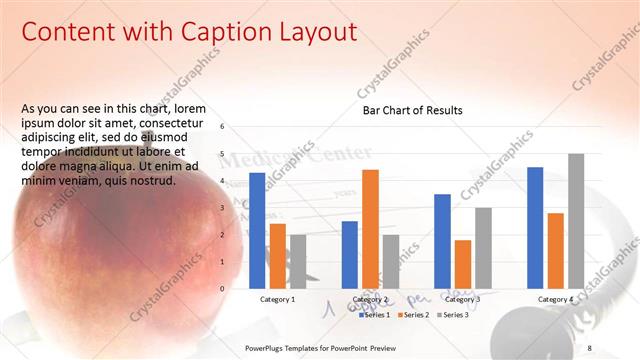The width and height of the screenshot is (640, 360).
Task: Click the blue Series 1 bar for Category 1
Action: pyautogui.click(x=257, y=231)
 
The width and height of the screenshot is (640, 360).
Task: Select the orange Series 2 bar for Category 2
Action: pyautogui.click(x=370, y=229)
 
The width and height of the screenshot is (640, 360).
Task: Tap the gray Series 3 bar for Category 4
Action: pyautogui.click(x=576, y=221)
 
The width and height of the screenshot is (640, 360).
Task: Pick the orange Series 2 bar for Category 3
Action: pyautogui.click(x=462, y=264)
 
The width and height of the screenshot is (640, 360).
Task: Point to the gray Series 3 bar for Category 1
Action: pyautogui.click(x=298, y=262)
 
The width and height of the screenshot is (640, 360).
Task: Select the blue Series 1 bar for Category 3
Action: pyautogui.click(x=442, y=241)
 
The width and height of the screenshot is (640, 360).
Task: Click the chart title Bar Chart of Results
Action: pyautogui.click(x=412, y=110)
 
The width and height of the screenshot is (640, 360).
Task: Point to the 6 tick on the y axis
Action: pyautogui.click(x=236, y=127)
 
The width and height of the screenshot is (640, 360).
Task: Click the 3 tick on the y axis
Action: pyautogui.click(x=236, y=208)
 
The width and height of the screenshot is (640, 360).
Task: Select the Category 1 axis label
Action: pyautogui.click(x=277, y=299)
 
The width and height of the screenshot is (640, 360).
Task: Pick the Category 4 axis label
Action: pyautogui.click(x=556, y=299)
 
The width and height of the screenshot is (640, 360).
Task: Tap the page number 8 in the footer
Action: pyautogui.click(x=591, y=347)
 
